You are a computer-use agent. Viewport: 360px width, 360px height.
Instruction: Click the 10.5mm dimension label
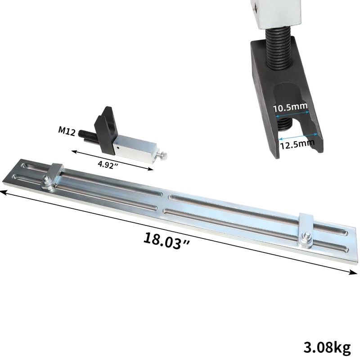290,107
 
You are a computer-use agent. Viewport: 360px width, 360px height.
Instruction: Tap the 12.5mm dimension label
297,144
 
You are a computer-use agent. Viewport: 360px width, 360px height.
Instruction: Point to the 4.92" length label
109,164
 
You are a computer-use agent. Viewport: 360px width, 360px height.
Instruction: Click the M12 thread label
67,131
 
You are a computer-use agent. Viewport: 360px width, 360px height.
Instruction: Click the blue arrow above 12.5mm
298,136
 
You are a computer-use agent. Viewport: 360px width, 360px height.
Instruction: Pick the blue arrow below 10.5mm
292,114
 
